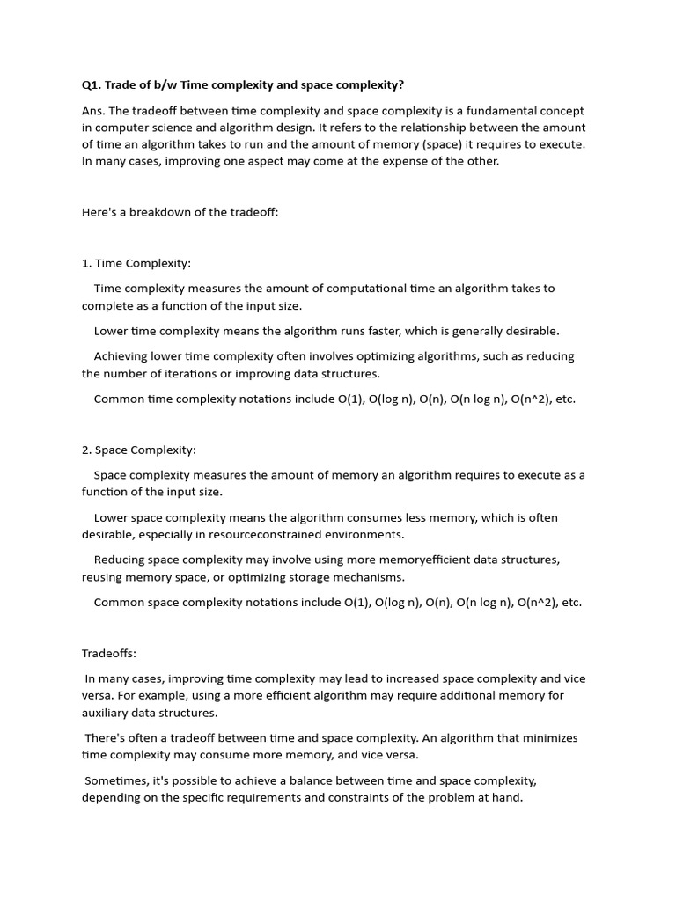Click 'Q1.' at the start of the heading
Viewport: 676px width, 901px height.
click(92, 85)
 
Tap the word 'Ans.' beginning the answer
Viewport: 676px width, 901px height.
click(93, 111)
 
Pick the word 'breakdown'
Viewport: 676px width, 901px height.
click(156, 212)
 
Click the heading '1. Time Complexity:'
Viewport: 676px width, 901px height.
click(136, 263)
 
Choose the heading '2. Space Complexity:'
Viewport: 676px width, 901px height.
click(139, 450)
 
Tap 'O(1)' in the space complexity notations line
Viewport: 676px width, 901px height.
click(356, 603)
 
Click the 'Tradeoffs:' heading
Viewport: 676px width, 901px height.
click(109, 654)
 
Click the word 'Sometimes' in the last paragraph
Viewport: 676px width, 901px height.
click(116, 780)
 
